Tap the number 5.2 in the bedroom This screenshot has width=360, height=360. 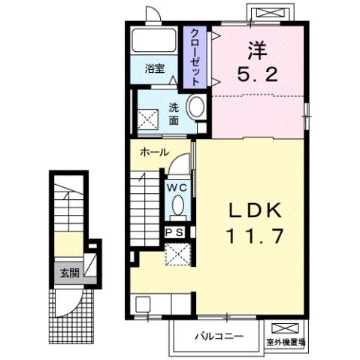point(258,74)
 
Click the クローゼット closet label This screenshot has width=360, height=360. point(195,56)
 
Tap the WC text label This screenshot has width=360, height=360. point(177,186)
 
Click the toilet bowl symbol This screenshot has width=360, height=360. point(178,204)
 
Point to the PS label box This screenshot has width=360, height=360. point(177,232)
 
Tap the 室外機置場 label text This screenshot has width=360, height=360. point(286,343)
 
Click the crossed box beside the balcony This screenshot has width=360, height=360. point(287,328)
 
